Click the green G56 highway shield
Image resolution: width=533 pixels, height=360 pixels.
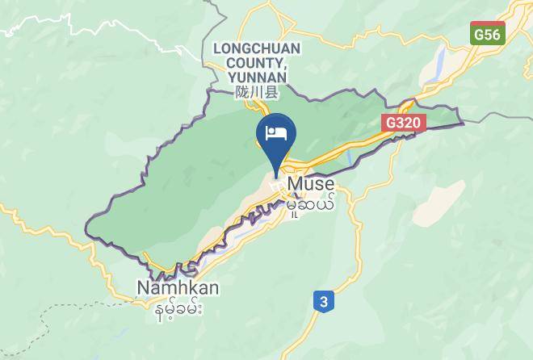488,35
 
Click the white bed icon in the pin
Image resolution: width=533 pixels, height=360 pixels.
276,132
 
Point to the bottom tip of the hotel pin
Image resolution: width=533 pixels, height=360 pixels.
276,177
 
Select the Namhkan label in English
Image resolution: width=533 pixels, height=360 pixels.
178,287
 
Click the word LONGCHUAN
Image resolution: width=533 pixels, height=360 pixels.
256,48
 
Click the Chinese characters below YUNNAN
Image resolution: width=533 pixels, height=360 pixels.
256,92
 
